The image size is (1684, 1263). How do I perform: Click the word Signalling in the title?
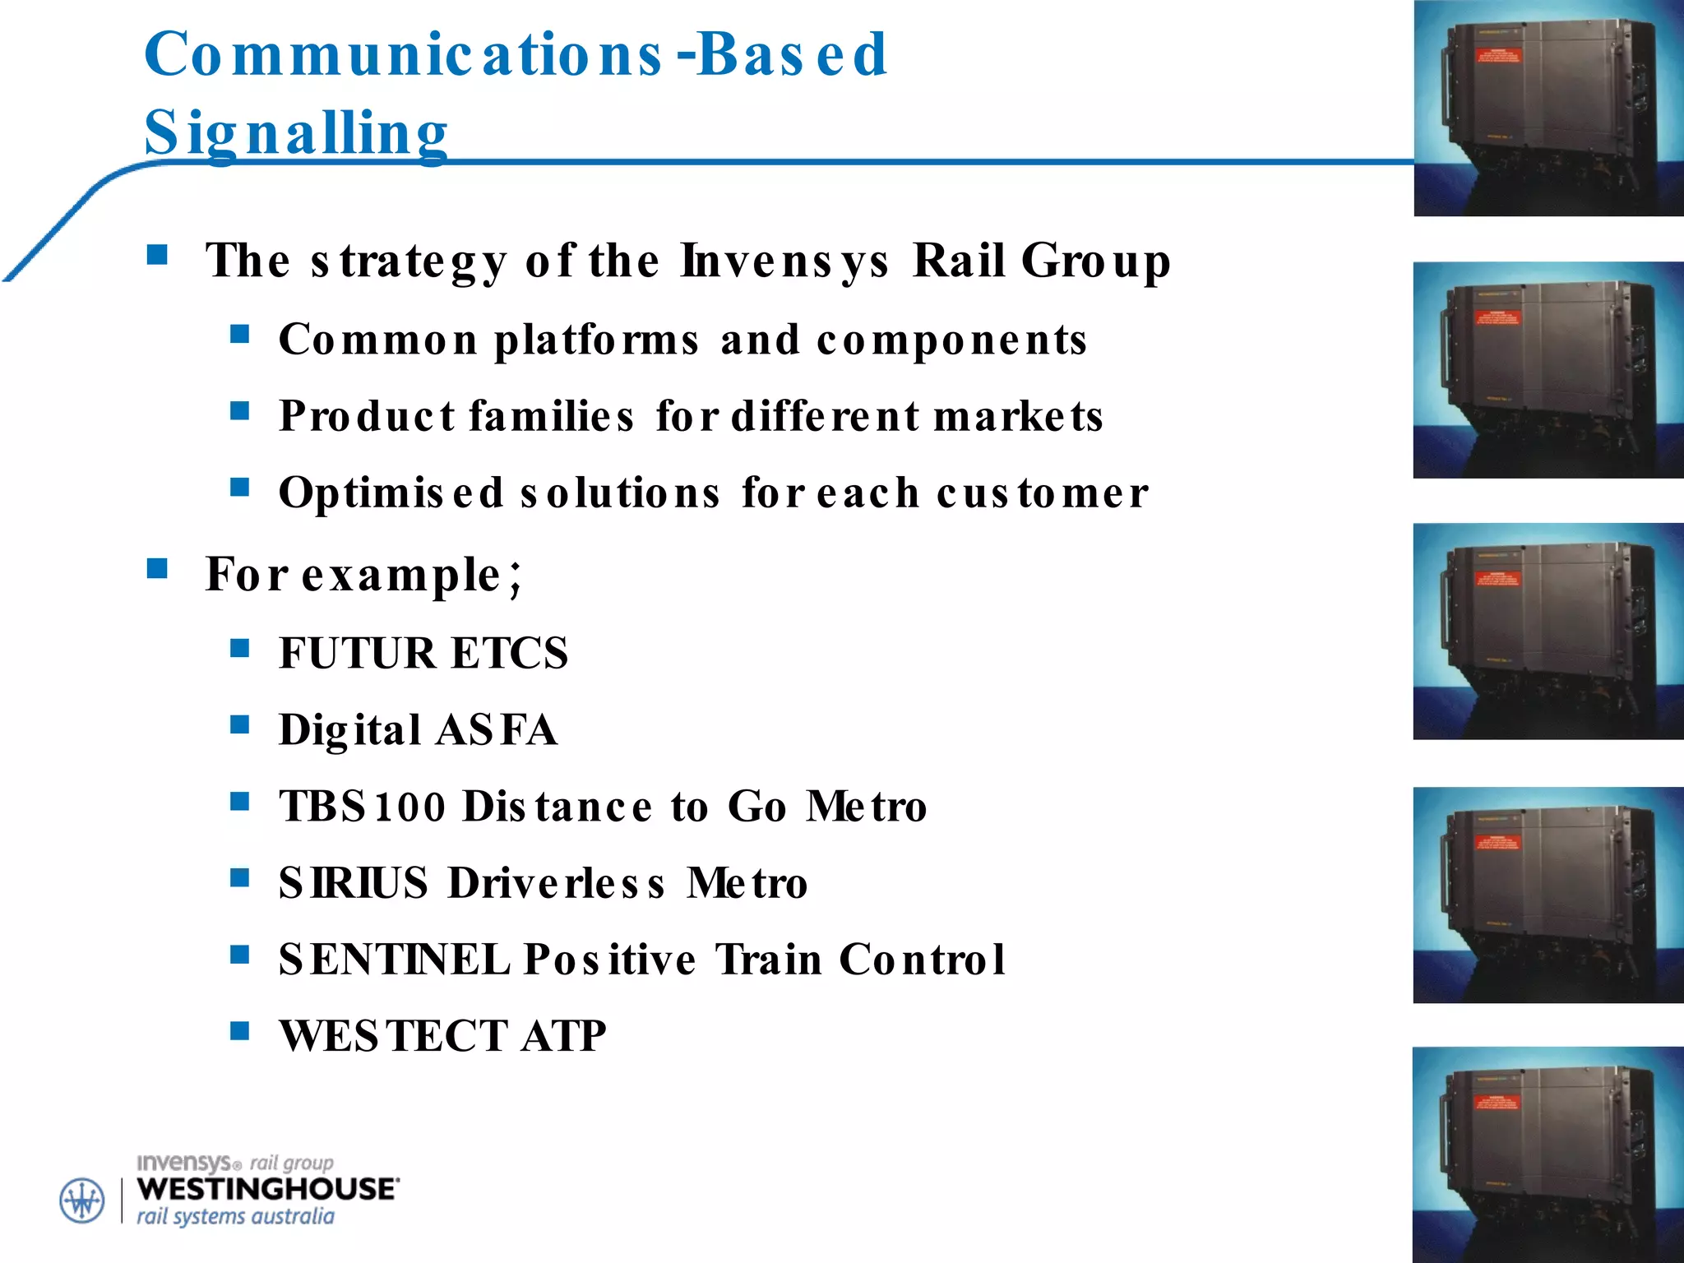[296, 133]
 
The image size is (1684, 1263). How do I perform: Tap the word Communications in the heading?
[403, 54]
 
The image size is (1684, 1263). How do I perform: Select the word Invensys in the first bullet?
[784, 261]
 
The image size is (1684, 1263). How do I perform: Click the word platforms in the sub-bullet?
[596, 340]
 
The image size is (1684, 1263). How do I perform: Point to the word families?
[551, 416]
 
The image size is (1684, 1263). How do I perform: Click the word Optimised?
[391, 493]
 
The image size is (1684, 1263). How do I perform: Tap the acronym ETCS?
[510, 654]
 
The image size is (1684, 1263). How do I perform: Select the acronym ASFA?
[497, 730]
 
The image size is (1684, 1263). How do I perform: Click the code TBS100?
[362, 807]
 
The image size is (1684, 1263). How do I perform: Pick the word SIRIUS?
[354, 883]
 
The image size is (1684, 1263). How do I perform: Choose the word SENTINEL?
[393, 960]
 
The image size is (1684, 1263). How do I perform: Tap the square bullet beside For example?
[157, 569]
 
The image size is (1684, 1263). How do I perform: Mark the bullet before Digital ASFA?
[239, 724]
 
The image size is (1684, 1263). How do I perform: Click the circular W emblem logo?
[82, 1201]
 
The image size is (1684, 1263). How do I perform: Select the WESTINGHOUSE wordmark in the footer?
[268, 1189]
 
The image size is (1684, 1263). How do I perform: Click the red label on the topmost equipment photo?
[1497, 57]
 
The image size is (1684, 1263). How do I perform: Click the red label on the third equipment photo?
[1497, 579]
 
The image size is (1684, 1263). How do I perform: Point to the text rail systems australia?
[235, 1217]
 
